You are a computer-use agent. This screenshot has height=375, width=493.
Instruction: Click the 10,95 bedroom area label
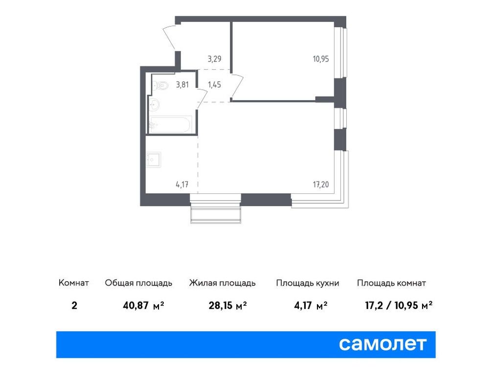click(x=321, y=59)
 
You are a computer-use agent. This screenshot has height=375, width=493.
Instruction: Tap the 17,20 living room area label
click(x=321, y=185)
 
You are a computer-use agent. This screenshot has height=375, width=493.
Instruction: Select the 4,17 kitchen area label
click(x=182, y=185)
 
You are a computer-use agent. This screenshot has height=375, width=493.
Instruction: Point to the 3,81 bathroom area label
click(x=182, y=84)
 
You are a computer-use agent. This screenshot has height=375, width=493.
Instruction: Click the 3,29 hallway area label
click(x=214, y=59)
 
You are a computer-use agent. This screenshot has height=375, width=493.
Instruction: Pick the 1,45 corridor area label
click(x=214, y=84)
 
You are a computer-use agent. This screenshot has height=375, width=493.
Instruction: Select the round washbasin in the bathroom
click(x=155, y=104)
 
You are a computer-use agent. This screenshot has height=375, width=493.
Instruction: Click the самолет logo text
click(x=383, y=344)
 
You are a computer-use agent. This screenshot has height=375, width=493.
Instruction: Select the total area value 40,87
click(x=137, y=306)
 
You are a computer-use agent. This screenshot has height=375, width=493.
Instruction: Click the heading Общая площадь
click(x=138, y=283)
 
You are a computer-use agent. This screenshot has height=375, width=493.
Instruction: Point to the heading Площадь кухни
click(x=308, y=283)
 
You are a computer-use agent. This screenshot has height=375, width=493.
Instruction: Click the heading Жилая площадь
click(x=222, y=283)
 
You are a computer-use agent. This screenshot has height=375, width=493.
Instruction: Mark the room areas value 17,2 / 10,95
click(x=392, y=306)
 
